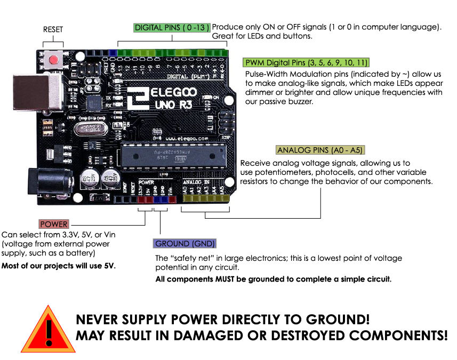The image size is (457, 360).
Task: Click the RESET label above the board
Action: pyautogui.click(x=53, y=30)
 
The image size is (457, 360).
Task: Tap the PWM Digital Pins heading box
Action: pyautogui.click(x=306, y=62)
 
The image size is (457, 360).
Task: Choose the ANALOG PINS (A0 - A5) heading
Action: pyautogui.click(x=320, y=150)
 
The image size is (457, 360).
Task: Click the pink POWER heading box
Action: pyautogui.click(x=54, y=224)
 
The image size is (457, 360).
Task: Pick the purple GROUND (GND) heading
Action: pyautogui.click(x=185, y=244)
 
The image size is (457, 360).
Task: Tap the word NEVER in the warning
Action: pyautogui.click(x=99, y=320)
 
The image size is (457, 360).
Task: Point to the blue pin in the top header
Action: pyautogui.click(x=113, y=53)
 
